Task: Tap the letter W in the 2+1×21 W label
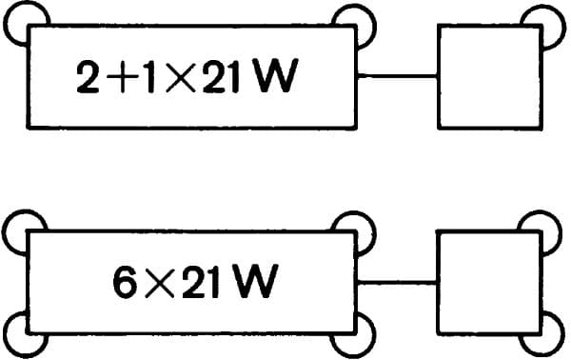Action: [277, 75]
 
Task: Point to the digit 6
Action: [125, 281]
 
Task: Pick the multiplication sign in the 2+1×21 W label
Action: [180, 77]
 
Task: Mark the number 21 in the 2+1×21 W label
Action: [221, 76]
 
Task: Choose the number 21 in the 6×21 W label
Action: [200, 281]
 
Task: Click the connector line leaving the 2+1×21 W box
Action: [397, 76]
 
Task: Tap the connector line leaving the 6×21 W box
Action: [396, 283]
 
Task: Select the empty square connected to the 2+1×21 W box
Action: [490, 77]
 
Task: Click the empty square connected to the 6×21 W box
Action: [488, 282]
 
